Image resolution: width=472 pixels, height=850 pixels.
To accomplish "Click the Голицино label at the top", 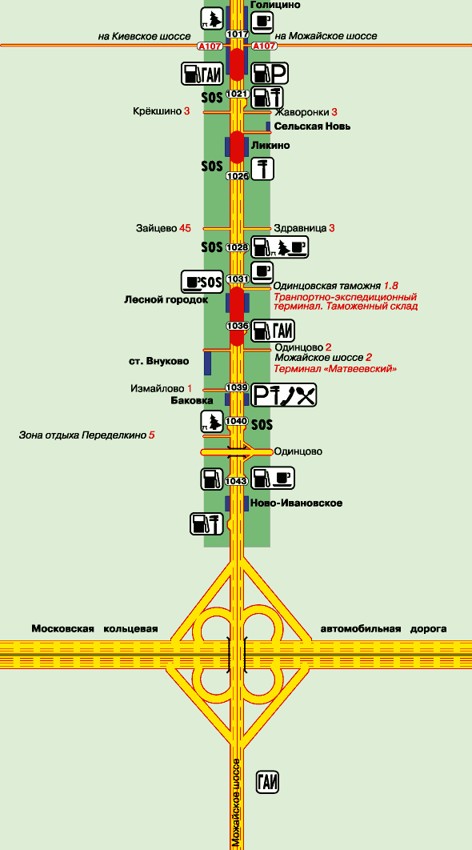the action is click(x=275, y=5).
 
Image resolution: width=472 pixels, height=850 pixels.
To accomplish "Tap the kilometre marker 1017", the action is click(x=238, y=34).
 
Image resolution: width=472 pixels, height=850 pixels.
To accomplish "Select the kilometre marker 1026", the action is click(x=238, y=175).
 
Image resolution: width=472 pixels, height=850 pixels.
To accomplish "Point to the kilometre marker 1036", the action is click(x=238, y=326).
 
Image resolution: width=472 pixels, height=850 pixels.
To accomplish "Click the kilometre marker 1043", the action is click(x=238, y=481).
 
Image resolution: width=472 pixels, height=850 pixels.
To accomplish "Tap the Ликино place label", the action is click(x=270, y=146).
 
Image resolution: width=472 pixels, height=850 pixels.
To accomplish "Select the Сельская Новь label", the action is click(x=312, y=126).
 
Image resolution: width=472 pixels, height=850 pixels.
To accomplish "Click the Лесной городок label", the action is click(x=166, y=300).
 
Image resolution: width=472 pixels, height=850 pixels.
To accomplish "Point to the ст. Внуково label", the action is click(x=158, y=361).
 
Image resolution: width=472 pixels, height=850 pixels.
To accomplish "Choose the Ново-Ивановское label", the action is click(x=297, y=503).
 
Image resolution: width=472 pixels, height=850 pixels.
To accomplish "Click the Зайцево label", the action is click(x=156, y=228).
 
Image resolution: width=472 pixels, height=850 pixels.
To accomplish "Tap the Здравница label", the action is click(x=300, y=228).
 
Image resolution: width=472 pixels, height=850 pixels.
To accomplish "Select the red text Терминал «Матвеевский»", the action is click(x=336, y=369).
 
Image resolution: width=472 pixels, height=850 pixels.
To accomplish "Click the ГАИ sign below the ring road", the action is click(x=268, y=782).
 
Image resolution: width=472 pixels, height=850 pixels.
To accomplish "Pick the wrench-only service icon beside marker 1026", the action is click(x=263, y=169).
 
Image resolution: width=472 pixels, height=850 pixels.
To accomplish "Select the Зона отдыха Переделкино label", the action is click(x=82, y=435).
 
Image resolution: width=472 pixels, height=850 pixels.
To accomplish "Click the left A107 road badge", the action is click(x=210, y=46).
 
